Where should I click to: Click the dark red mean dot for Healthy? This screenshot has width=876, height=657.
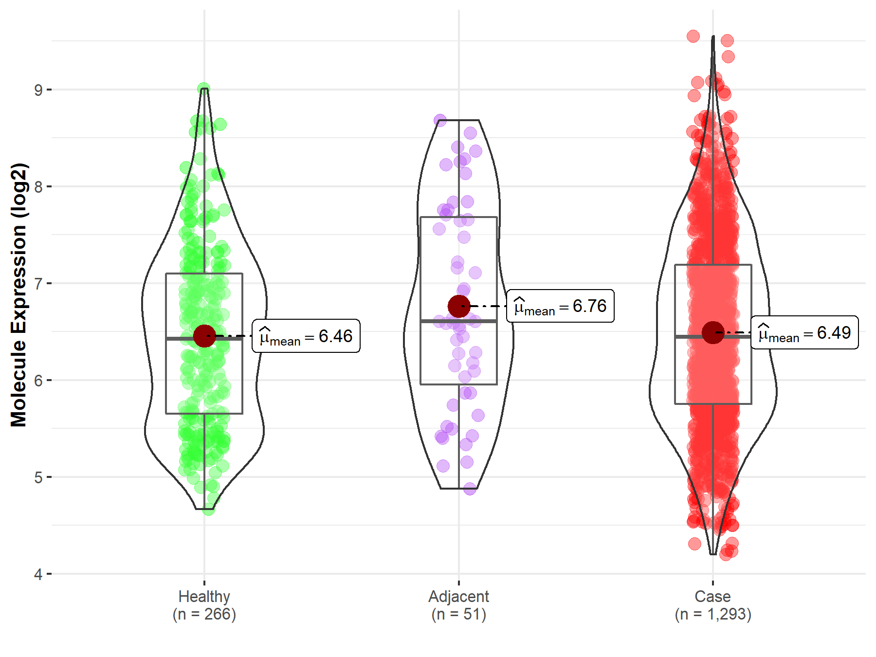204,336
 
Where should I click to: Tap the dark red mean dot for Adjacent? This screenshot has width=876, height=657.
458,306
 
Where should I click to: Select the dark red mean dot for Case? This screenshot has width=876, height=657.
713,332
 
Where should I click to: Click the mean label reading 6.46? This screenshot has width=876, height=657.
306,336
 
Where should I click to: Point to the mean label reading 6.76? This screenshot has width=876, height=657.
560,306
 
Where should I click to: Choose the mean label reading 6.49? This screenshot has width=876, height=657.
804,333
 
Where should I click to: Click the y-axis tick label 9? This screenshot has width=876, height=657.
38,90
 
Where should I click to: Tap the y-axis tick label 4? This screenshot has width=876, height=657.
38,574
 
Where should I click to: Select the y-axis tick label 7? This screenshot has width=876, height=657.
38,284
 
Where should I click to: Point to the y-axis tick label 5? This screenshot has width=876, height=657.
38,477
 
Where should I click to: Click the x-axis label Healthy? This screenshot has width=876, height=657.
204,596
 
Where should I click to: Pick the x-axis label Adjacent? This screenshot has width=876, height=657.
458,596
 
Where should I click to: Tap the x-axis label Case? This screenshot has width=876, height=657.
712,596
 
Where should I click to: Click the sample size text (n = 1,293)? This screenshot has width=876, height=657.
712,614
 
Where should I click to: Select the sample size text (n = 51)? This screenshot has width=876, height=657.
458,614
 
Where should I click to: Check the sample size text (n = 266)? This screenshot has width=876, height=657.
204,614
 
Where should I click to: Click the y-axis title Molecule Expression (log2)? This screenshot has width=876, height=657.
18,295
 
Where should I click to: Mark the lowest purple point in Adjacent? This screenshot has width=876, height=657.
470,489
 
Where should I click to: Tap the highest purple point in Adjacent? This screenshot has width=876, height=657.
440,120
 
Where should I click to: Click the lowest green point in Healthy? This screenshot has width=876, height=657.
208,510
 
